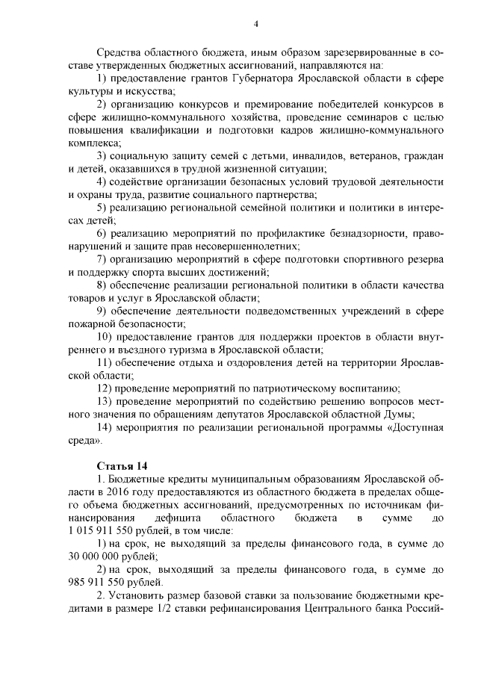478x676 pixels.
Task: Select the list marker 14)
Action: [x=105, y=427]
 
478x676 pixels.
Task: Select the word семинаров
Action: [x=349, y=117]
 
